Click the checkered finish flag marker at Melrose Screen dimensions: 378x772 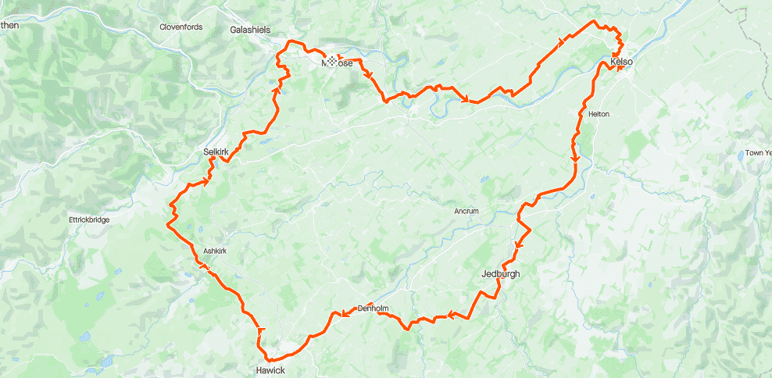coord(333,61)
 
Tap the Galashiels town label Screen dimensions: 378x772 coord(250,30)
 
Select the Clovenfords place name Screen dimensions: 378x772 coord(181,27)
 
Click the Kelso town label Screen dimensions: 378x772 coord(621,62)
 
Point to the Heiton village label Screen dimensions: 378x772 coord(598,115)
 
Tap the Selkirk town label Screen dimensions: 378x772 coord(215,152)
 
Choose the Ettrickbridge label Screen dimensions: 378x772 coord(89,220)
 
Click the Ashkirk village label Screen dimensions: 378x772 coord(215,251)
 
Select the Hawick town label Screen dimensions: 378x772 coord(270,370)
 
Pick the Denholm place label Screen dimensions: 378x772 coord(373,308)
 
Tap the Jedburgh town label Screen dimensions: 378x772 coord(500,274)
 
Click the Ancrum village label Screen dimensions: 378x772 coord(466,212)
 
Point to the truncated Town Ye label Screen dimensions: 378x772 coord(758,153)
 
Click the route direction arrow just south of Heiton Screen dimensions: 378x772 coord(576,159)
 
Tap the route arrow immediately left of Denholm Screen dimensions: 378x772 coord(343,315)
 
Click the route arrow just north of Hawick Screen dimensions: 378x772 coord(261,331)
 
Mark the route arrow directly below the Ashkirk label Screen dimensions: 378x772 coord(206,267)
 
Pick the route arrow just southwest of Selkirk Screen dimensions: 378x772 coord(206,182)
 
